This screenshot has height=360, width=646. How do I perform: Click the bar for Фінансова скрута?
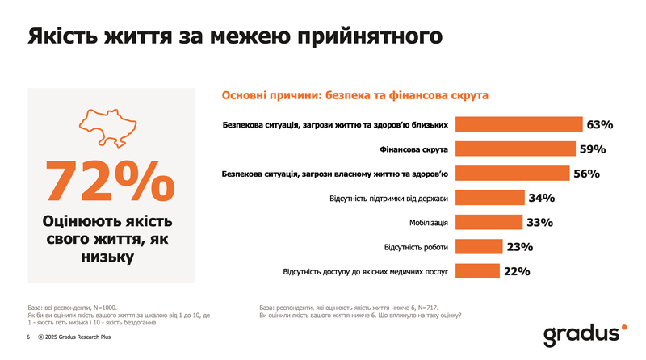click(x=515, y=149)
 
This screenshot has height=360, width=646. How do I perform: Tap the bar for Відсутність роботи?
click(x=478, y=247)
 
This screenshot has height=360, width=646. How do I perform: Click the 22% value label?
click(x=516, y=271)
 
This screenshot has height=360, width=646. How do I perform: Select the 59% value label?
click(x=592, y=149)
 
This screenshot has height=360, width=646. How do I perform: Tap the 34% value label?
click(x=540, y=198)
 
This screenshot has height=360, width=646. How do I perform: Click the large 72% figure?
click(x=110, y=181)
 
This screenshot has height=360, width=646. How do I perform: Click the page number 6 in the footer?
click(x=28, y=337)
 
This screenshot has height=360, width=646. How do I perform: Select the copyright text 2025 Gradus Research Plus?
click(x=78, y=337)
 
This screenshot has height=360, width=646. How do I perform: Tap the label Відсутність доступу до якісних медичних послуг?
click(x=365, y=272)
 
